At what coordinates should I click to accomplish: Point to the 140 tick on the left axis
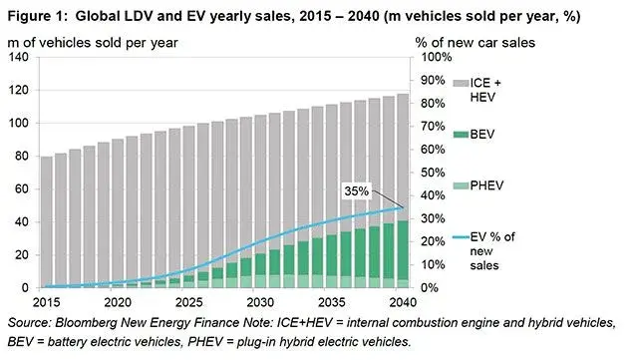[19, 57]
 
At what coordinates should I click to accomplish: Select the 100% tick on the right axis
[429, 57]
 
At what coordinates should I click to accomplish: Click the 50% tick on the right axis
[429, 173]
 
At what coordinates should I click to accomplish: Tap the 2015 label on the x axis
[46, 302]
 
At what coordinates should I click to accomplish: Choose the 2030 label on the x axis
[257, 302]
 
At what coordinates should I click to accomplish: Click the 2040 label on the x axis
[399, 302]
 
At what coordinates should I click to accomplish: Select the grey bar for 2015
[46, 219]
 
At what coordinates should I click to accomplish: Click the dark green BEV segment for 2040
[399, 249]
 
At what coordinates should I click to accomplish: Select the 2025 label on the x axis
[187, 302]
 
